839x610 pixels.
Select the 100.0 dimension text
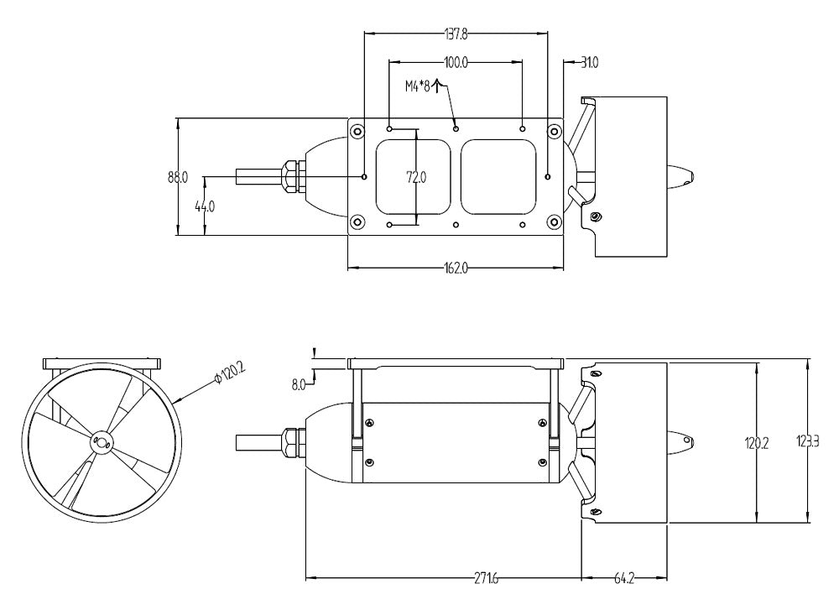(x=456, y=63)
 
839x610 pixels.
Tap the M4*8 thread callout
(x=417, y=86)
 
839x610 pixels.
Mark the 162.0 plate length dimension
(x=455, y=269)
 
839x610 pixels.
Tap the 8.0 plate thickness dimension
(x=298, y=384)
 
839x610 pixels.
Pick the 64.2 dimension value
(x=625, y=578)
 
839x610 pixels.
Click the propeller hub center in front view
(x=101, y=440)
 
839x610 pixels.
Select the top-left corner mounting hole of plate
(x=357, y=131)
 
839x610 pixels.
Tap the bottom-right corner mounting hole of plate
(x=553, y=222)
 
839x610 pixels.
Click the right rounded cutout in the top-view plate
(x=498, y=176)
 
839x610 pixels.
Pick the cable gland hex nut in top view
(x=288, y=177)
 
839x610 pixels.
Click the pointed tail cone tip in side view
(x=693, y=441)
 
